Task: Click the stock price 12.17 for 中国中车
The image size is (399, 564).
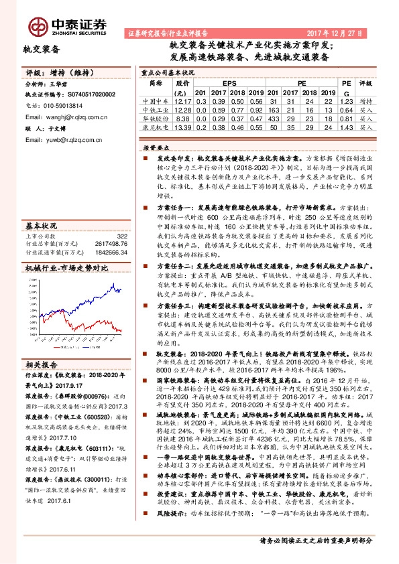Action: (x=182, y=100)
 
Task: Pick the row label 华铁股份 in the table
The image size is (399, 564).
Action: (x=156, y=118)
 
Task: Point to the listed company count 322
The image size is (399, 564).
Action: (x=121, y=236)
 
